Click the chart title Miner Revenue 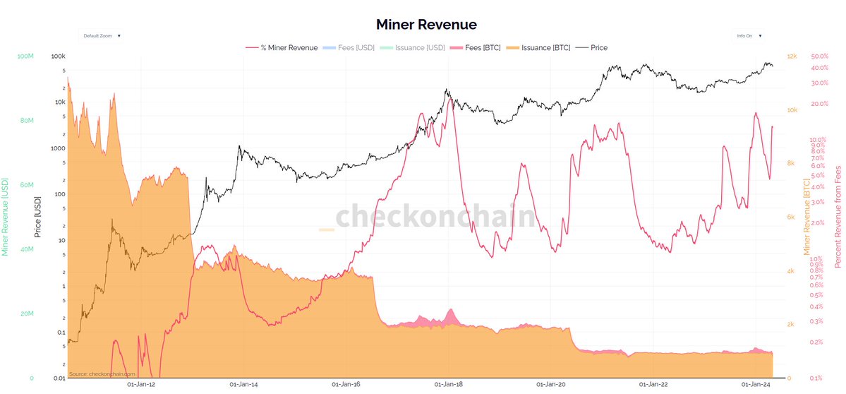pos(426,25)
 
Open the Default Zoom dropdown pos(102,35)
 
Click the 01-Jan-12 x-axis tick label pos(140,385)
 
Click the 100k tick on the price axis pos(59,56)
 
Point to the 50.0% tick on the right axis pos(820,56)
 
